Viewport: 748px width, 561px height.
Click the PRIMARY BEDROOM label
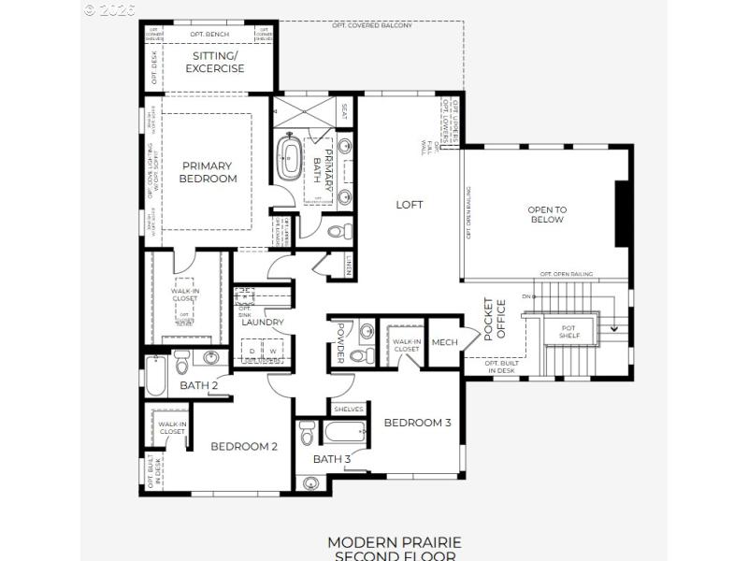point(209,172)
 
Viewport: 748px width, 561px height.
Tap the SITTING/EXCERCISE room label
point(215,62)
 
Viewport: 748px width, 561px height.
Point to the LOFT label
point(410,205)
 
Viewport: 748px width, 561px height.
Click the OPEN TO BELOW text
point(547,214)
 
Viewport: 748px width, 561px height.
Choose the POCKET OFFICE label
point(494,319)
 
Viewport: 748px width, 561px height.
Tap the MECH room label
point(444,342)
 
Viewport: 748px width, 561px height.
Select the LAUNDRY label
point(262,323)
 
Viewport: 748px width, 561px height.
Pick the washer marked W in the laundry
point(273,352)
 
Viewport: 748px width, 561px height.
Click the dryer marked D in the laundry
point(251,352)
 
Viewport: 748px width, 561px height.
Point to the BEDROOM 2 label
point(243,446)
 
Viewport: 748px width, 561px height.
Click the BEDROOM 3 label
point(417,423)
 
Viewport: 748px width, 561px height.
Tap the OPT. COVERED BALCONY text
point(371,25)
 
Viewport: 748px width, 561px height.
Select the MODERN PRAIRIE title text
point(394,541)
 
